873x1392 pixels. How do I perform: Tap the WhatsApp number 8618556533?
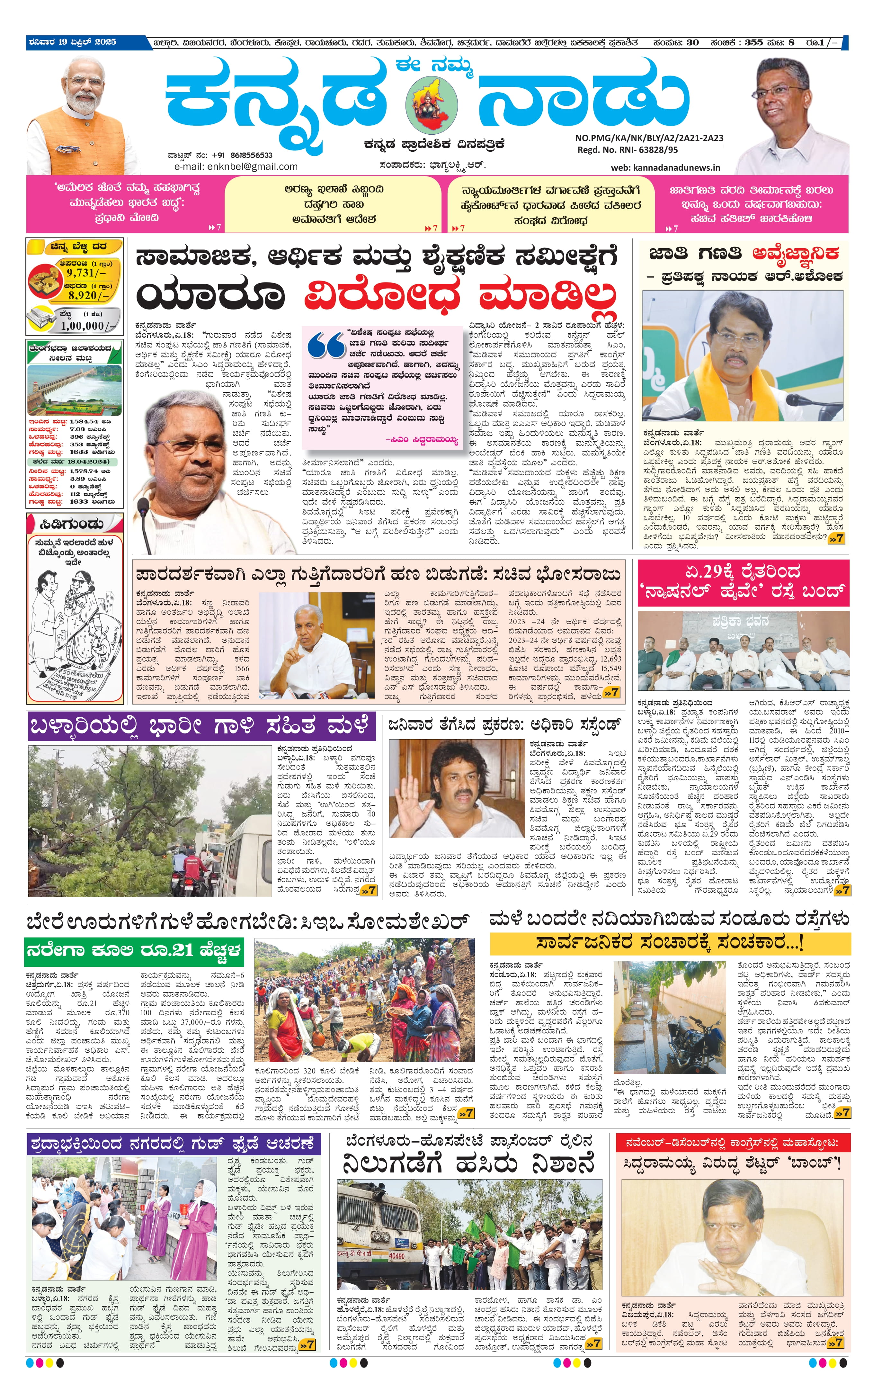pyautogui.click(x=251, y=155)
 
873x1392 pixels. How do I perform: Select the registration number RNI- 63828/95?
pyautogui.click(x=643, y=149)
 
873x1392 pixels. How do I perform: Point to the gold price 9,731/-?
pyautogui.click(x=87, y=273)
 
